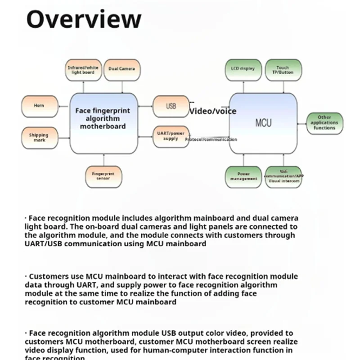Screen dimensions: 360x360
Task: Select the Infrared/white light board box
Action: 83,70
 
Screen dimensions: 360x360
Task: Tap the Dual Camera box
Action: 121,69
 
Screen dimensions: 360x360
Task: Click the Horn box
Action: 40,106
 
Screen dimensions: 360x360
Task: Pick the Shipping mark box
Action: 39,138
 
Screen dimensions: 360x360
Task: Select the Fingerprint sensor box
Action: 104,176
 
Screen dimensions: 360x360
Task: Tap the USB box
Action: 171,107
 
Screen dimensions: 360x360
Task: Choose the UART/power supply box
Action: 171,136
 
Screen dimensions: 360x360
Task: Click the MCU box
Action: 263,122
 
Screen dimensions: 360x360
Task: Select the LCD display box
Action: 243,69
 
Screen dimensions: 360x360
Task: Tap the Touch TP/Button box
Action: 283,70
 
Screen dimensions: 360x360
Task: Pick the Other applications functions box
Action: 324,123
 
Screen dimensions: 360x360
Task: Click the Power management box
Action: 243,176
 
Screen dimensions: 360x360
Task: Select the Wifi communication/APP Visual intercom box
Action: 283,176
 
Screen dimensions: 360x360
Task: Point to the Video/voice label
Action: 213,111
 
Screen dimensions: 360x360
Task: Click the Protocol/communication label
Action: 211,139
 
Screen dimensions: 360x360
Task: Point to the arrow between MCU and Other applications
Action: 302,122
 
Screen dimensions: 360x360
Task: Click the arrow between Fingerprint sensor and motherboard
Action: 104,159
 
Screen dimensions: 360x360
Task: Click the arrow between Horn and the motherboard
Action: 64,107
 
